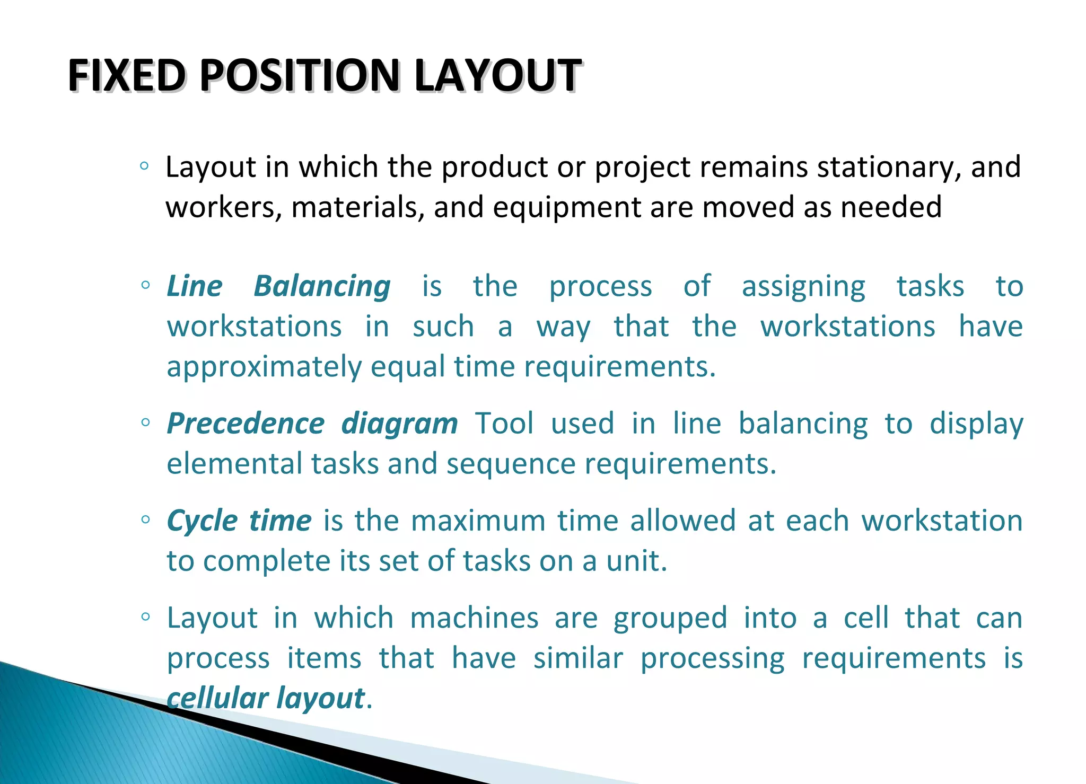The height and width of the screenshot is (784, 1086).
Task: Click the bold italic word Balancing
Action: (x=322, y=287)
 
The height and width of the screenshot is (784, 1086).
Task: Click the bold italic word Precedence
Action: (x=246, y=424)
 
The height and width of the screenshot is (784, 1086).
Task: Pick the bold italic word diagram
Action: (x=399, y=425)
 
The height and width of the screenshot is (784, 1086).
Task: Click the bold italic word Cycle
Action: (x=202, y=521)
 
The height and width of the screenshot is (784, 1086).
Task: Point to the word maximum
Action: (x=478, y=521)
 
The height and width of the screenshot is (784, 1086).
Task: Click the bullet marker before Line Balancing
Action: (x=145, y=285)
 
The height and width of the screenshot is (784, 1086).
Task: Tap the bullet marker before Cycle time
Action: (x=145, y=519)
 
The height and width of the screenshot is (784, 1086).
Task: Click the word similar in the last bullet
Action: (x=578, y=658)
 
